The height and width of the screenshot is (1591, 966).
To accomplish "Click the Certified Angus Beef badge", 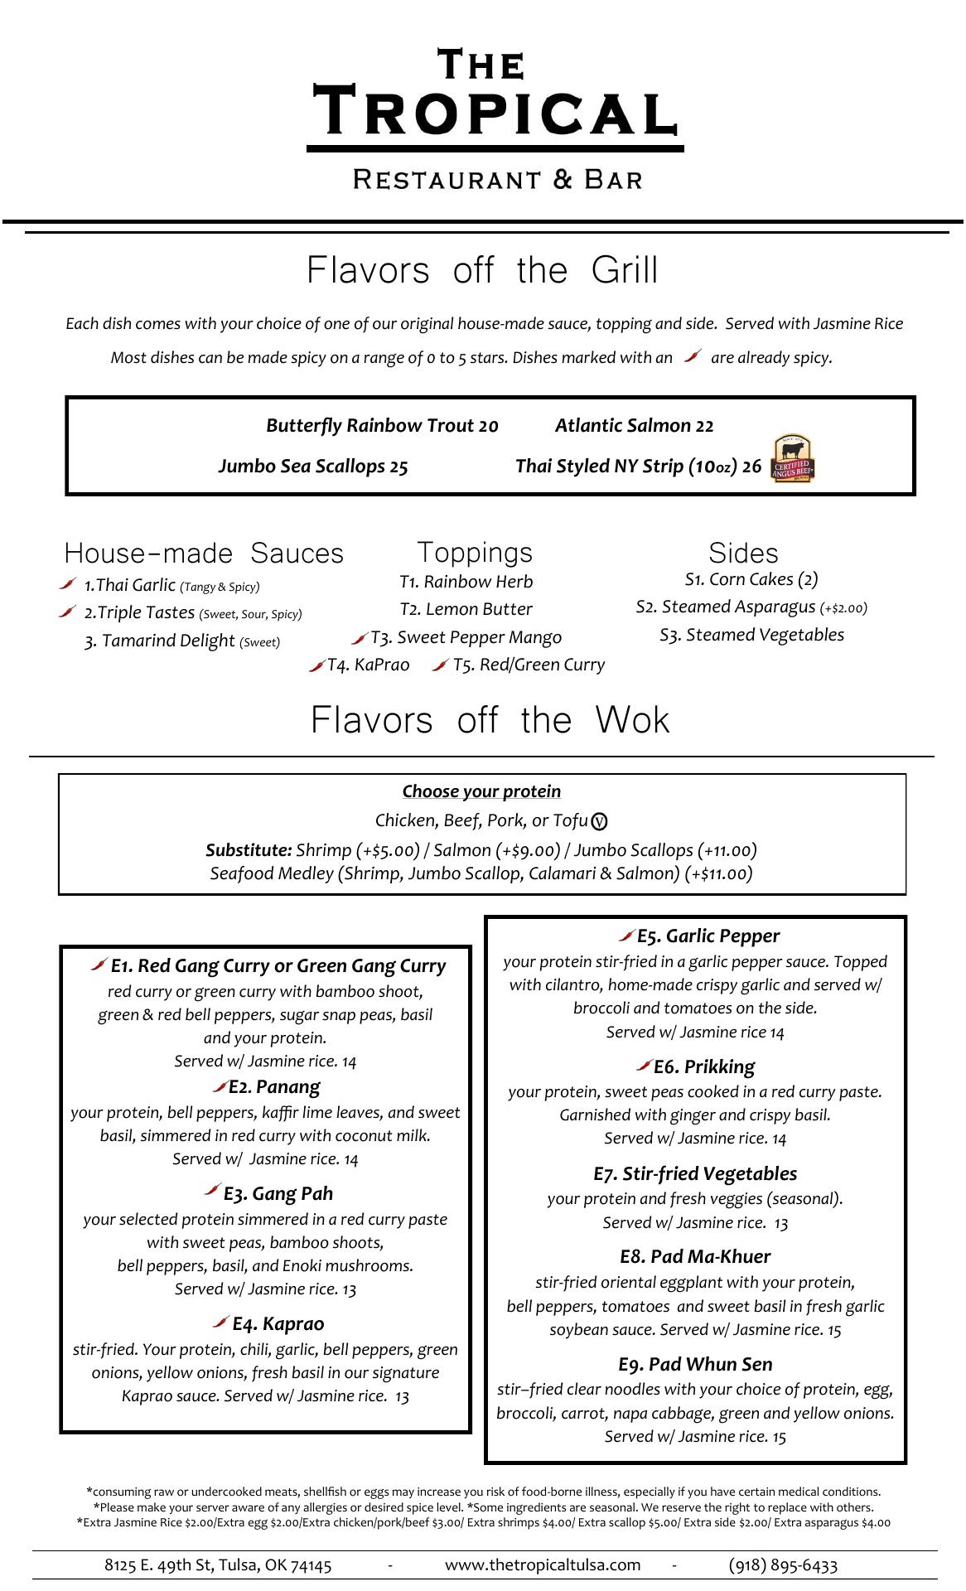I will [792, 458].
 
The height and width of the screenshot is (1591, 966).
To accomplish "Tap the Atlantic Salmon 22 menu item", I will [634, 426].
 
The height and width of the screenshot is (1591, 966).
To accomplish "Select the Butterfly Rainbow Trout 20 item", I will [382, 426].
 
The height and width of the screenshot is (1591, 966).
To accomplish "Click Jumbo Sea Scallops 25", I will [313, 467].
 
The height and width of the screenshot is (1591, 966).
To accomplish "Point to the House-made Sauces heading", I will [204, 554].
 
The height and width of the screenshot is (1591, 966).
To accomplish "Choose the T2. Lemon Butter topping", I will [466, 609].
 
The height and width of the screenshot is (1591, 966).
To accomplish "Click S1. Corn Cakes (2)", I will [751, 579].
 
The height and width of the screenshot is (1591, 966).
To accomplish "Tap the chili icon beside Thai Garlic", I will [68, 584].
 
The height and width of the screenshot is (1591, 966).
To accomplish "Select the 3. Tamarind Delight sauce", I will [182, 641].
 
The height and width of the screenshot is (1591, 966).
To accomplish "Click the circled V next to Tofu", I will [600, 822].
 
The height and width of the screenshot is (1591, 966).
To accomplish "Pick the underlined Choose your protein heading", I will [481, 791].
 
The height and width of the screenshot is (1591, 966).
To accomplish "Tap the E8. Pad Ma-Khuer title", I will [695, 1256].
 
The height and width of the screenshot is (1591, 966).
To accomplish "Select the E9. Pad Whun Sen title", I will [695, 1364].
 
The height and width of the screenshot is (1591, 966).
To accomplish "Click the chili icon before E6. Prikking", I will [644, 1065].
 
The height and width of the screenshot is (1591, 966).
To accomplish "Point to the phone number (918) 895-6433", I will [783, 1564].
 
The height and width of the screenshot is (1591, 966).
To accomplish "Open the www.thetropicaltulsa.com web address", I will [543, 1564].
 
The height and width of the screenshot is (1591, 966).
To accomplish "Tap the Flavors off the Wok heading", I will [490, 720].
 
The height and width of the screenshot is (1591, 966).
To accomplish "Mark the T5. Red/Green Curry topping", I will [529, 665].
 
